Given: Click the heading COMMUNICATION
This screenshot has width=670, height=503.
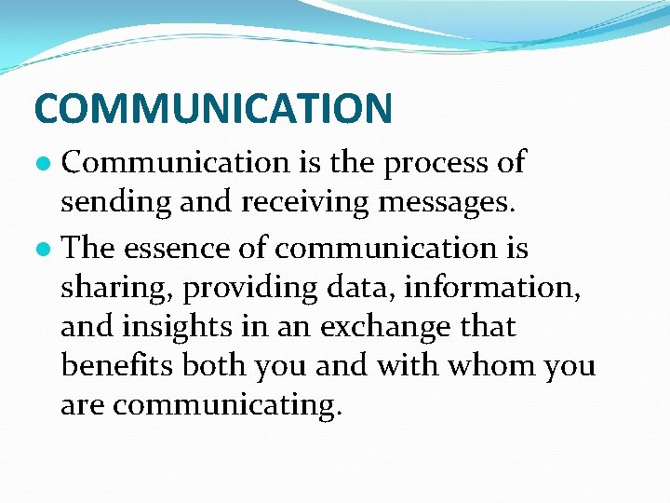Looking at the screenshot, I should [213, 108].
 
